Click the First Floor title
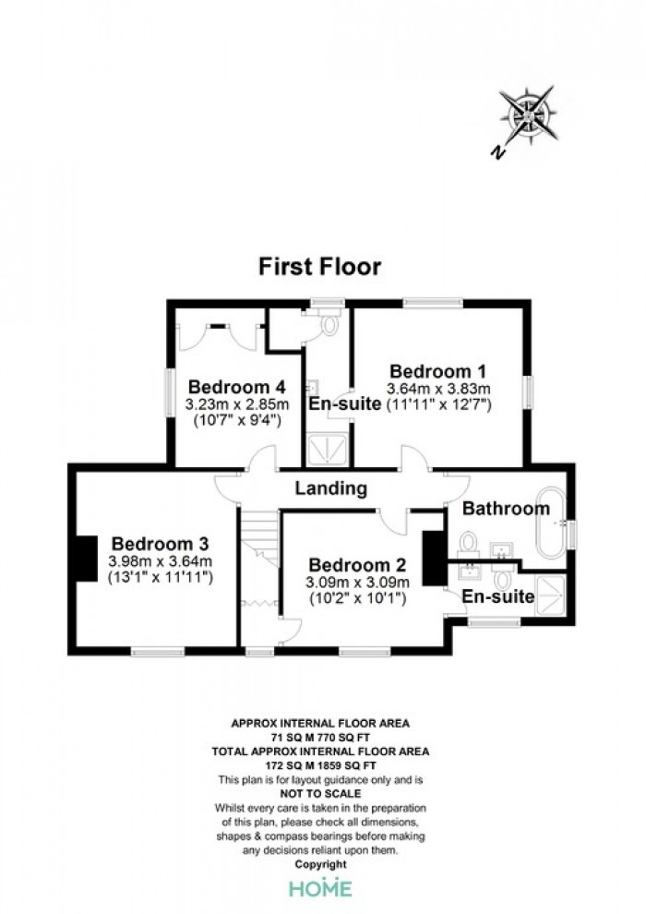(320, 267)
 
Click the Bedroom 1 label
(438, 371)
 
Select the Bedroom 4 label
(237, 387)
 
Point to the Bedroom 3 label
(161, 544)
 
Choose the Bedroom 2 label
(357, 565)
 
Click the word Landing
(331, 487)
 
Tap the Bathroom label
(507, 509)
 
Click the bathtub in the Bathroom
(550, 524)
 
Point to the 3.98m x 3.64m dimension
(161, 562)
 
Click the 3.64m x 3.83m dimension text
(438, 389)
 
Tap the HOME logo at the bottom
(321, 888)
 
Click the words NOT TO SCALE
(320, 793)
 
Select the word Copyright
(320, 864)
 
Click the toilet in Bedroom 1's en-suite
(329, 322)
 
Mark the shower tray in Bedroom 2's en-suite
(550, 595)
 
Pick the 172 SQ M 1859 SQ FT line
(320, 765)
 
